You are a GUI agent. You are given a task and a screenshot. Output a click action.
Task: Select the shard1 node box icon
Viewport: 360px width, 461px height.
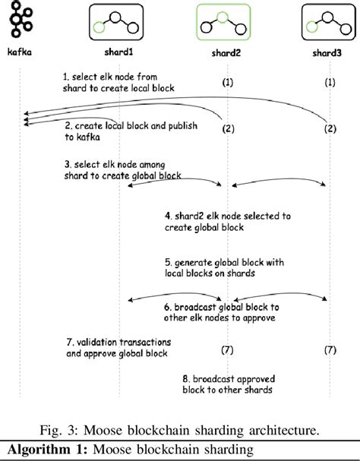pyautogui.click(x=117, y=22)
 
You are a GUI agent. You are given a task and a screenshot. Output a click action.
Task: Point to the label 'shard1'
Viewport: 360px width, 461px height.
pyautogui.click(x=118, y=53)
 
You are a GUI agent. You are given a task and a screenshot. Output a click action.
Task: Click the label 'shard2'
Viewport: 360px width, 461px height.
pyautogui.click(x=226, y=55)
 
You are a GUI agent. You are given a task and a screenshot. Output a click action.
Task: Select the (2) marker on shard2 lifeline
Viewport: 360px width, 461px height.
pyautogui.click(x=227, y=130)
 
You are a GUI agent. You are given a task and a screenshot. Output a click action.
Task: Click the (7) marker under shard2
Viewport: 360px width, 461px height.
pyautogui.click(x=227, y=350)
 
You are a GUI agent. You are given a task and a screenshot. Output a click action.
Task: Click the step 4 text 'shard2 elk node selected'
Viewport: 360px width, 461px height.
pyautogui.click(x=227, y=221)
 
